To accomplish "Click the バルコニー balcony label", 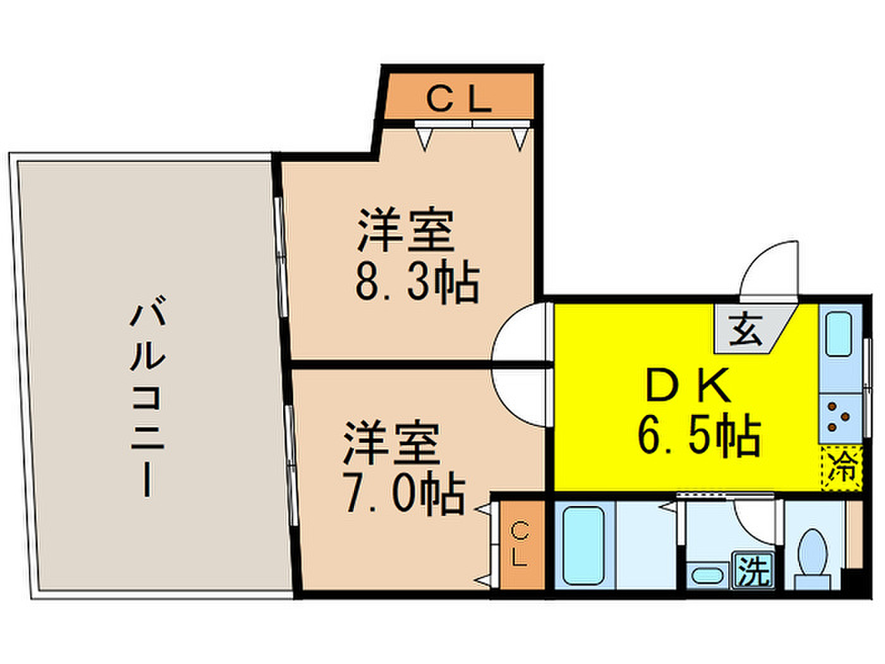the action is click(147, 397).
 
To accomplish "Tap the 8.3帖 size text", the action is click(418, 283).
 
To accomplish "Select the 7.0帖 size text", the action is click(405, 495).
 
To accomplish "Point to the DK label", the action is click(688, 384).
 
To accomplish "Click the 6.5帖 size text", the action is click(699, 436).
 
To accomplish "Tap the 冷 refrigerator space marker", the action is click(842, 469).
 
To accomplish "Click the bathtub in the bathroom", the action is click(583, 545).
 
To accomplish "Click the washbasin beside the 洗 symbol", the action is click(709, 575).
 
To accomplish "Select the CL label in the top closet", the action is click(459, 99).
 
